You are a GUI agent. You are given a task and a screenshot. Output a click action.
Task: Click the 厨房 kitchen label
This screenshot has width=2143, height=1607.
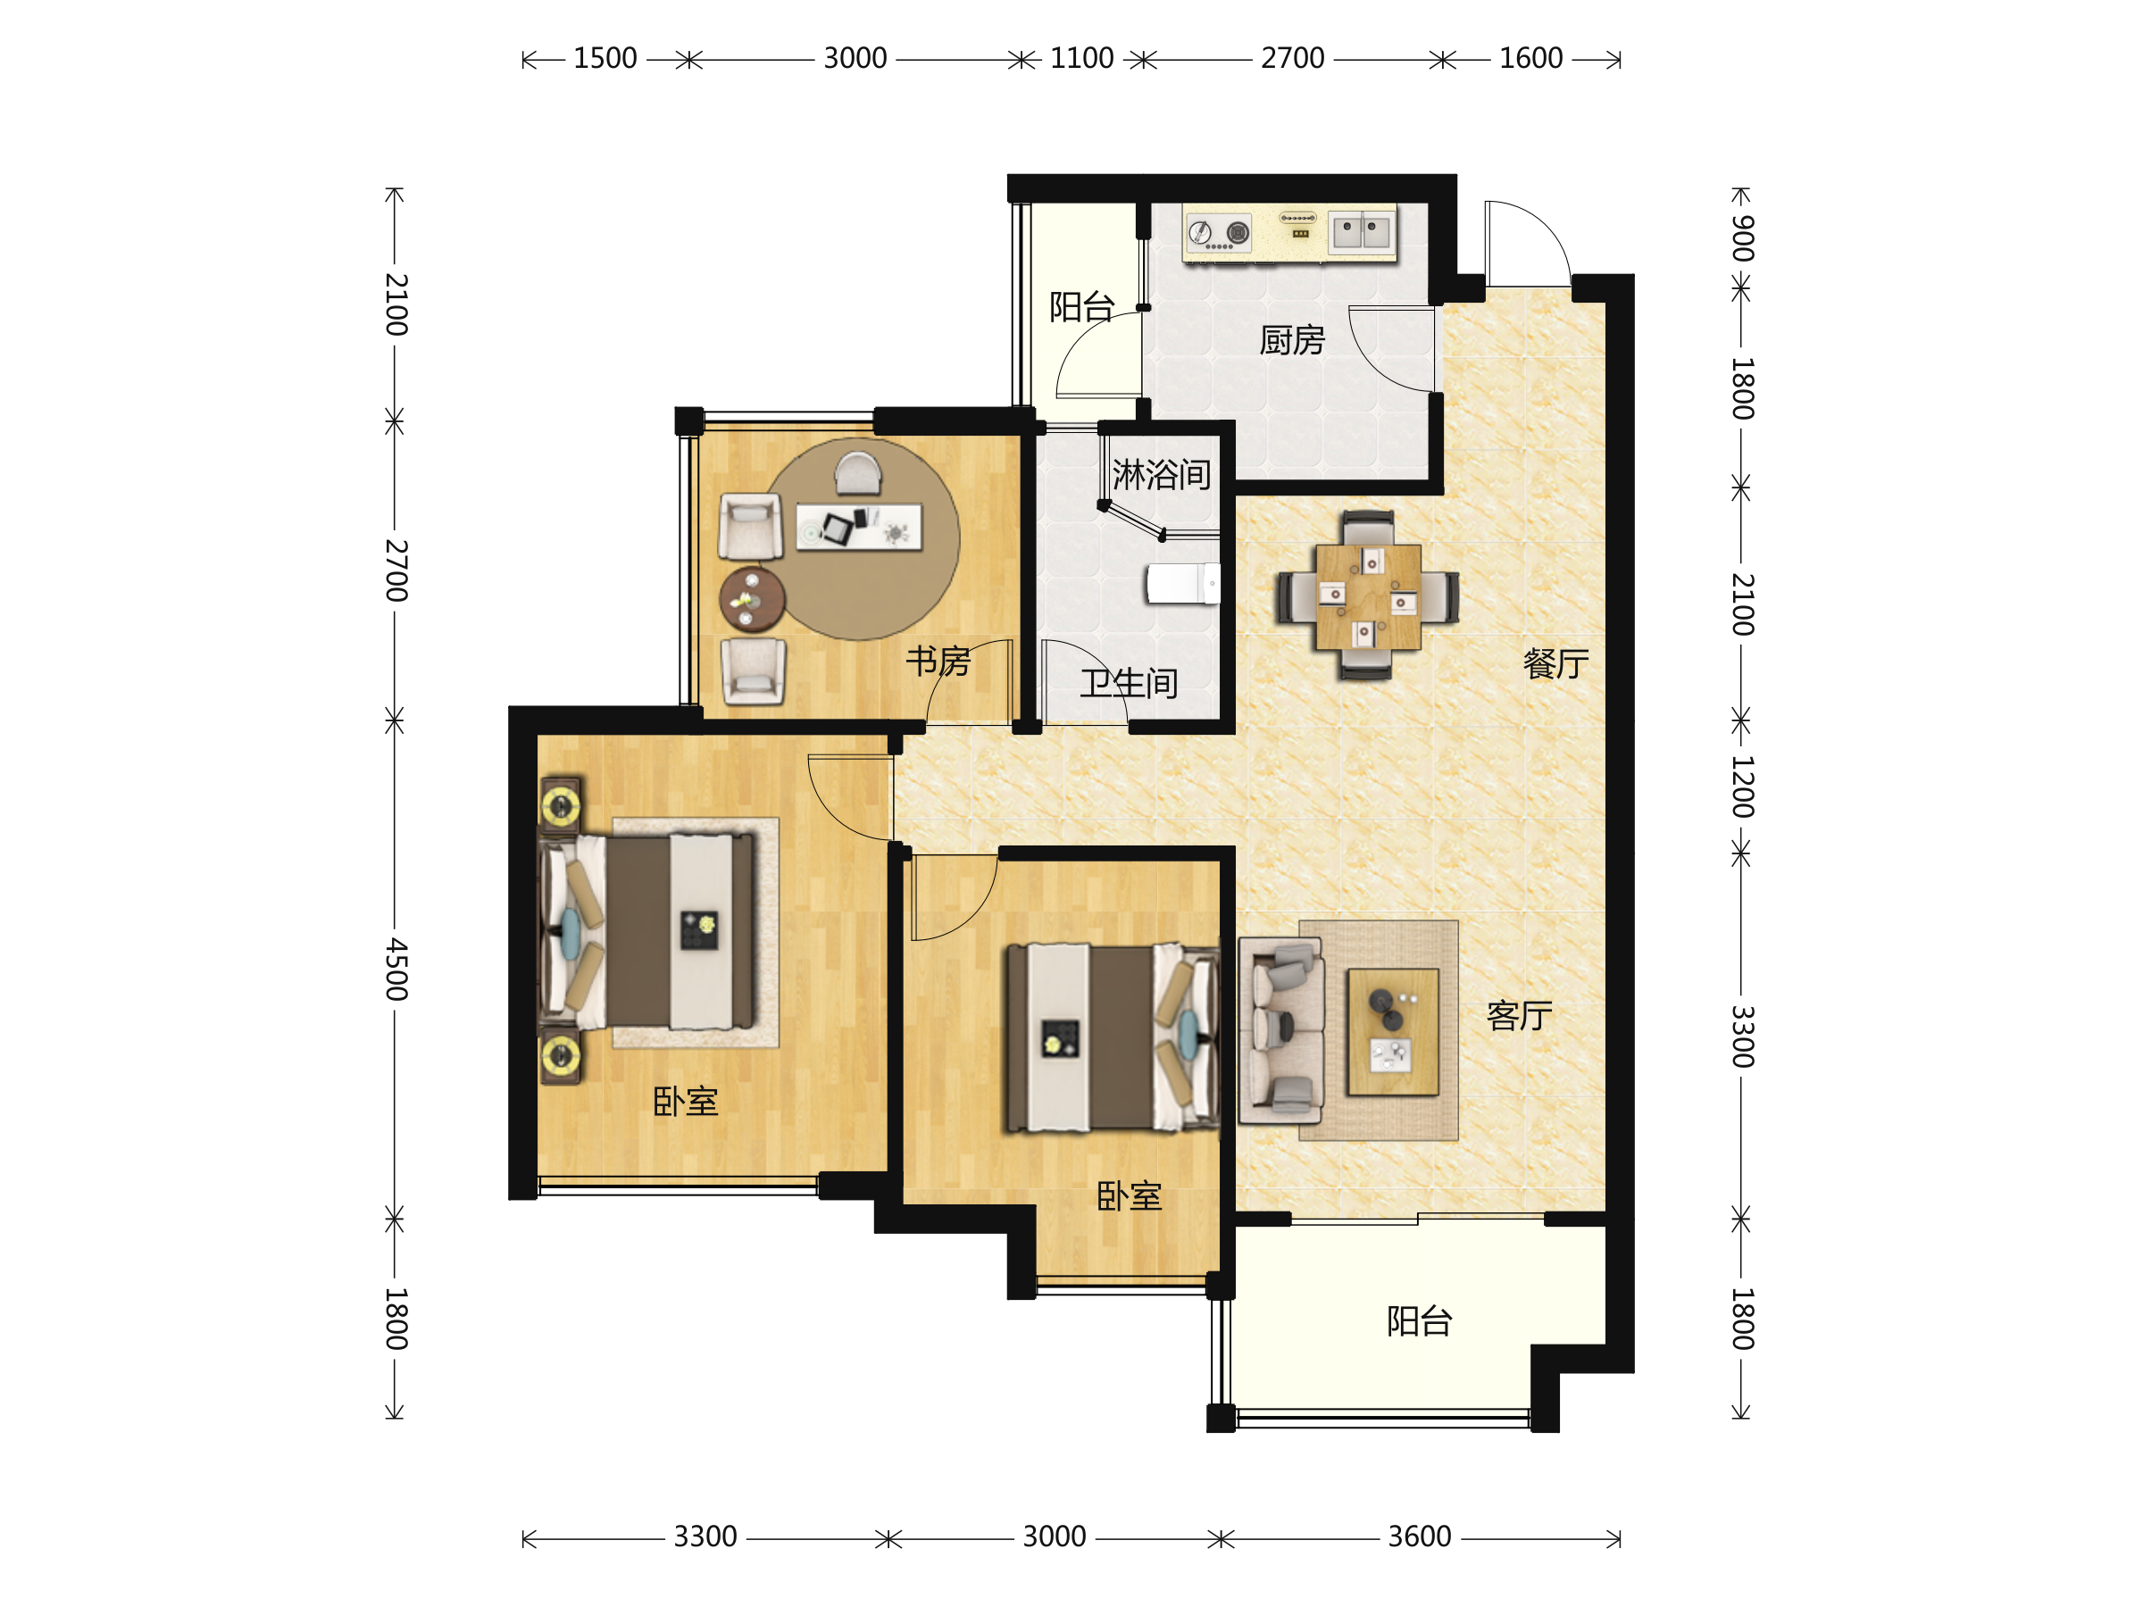pyautogui.click(x=1291, y=341)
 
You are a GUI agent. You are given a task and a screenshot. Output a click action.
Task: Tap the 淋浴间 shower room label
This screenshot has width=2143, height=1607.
pyautogui.click(x=1162, y=475)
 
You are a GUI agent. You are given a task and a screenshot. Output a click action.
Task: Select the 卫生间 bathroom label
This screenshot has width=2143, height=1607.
pyautogui.click(x=1130, y=684)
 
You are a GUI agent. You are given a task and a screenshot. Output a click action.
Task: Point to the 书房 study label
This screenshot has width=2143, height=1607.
pyautogui.click(x=938, y=662)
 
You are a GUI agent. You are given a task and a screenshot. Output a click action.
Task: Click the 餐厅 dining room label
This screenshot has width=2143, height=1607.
pyautogui.click(x=1555, y=663)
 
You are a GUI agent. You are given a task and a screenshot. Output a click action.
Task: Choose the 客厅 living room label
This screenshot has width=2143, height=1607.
pyautogui.click(x=1519, y=1015)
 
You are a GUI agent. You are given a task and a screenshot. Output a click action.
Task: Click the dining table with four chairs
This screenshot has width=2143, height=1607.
pyautogui.click(x=1368, y=595)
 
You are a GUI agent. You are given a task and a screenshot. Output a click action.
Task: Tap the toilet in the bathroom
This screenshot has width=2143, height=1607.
pyautogui.click(x=1183, y=583)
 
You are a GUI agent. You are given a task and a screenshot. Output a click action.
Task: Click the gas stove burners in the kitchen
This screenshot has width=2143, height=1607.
pyautogui.click(x=1219, y=232)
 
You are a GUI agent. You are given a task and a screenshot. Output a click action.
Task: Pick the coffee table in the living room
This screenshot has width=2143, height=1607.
pyautogui.click(x=1392, y=1032)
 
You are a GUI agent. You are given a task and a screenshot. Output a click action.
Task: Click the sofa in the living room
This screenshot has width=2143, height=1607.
pyautogui.click(x=1280, y=1029)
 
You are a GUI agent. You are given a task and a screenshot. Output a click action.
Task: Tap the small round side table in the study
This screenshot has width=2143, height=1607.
pyautogui.click(x=752, y=600)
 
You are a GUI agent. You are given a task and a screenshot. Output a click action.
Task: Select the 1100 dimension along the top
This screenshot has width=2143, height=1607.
pyautogui.click(x=1081, y=58)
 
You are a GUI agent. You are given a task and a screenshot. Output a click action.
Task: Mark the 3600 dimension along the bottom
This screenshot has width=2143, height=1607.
pyautogui.click(x=1420, y=1536)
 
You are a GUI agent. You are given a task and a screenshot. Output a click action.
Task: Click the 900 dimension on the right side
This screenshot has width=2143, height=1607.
pyautogui.click(x=1742, y=238)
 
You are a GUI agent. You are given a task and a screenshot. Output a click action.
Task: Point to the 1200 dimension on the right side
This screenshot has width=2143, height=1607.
pyautogui.click(x=1742, y=787)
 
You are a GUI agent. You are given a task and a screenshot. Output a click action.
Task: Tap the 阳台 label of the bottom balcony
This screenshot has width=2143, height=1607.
pyautogui.click(x=1420, y=1321)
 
